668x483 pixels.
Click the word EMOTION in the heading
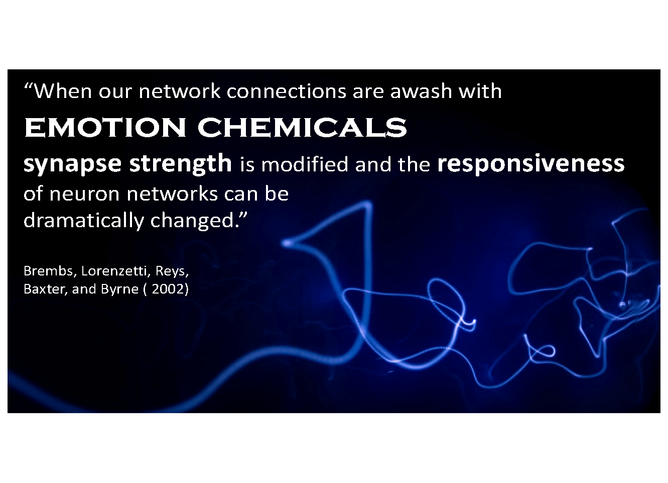(x=105, y=128)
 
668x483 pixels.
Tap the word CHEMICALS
(x=302, y=128)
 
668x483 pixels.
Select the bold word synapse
(x=72, y=164)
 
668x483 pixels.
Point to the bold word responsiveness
(x=530, y=164)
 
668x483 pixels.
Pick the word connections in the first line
(x=286, y=91)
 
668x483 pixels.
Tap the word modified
(x=305, y=164)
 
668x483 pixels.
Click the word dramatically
(x=84, y=221)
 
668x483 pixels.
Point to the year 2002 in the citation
(x=168, y=289)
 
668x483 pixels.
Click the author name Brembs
(x=48, y=271)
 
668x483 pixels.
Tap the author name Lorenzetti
(x=114, y=271)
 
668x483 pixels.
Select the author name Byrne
(x=120, y=289)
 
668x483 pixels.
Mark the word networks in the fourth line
(x=172, y=194)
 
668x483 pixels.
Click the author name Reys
(x=172, y=271)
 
